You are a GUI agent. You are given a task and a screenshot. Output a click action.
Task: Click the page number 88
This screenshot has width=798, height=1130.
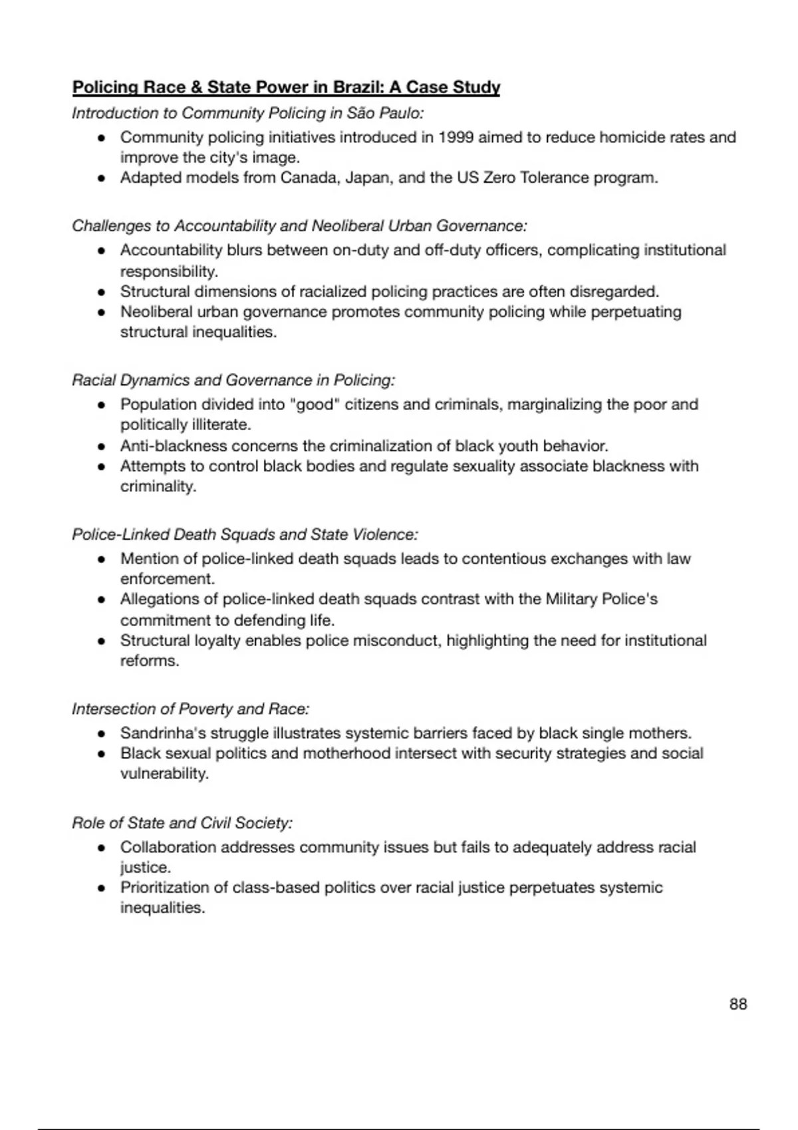[738, 1004]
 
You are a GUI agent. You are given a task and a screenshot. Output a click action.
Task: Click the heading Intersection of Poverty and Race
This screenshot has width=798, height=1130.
[191, 709]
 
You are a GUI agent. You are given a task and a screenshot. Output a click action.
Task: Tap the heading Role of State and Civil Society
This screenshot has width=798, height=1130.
[182, 823]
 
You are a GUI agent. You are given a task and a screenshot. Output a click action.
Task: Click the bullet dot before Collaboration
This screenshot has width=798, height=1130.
[102, 848]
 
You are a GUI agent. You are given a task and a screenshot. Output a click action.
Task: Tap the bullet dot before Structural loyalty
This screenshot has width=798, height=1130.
[102, 641]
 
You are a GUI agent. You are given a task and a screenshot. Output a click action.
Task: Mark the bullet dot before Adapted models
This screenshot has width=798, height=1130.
[102, 179]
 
